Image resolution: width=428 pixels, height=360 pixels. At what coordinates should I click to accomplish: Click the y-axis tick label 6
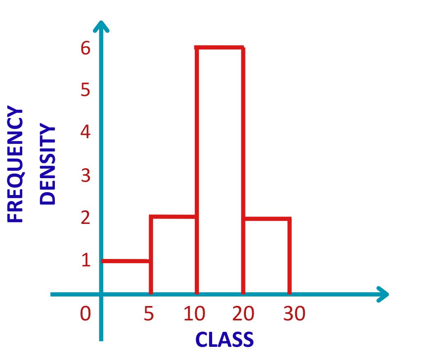pyautogui.click(x=85, y=49)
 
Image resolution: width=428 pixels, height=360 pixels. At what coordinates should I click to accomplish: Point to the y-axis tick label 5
pyautogui.click(x=85, y=90)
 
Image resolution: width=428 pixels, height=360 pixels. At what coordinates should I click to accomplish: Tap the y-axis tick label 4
pyautogui.click(x=85, y=133)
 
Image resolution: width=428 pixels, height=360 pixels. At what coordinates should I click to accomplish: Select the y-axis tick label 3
pyautogui.click(x=85, y=176)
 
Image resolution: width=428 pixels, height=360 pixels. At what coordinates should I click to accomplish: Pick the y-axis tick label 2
pyautogui.click(x=85, y=218)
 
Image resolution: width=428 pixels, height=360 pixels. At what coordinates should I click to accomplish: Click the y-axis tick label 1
pyautogui.click(x=85, y=261)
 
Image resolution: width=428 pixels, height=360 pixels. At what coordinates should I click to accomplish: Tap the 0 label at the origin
pyautogui.click(x=85, y=314)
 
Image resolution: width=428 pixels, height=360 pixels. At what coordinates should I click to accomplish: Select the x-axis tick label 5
pyautogui.click(x=149, y=314)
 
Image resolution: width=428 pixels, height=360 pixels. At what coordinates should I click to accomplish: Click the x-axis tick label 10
pyautogui.click(x=194, y=314)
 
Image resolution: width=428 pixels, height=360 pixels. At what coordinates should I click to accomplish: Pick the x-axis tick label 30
pyautogui.click(x=294, y=314)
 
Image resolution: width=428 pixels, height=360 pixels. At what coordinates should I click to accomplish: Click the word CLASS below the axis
pyautogui.click(x=224, y=340)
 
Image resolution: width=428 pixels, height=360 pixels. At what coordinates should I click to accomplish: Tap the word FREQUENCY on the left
pyautogui.click(x=16, y=164)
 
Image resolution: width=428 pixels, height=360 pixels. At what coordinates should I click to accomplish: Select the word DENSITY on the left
pyautogui.click(x=47, y=165)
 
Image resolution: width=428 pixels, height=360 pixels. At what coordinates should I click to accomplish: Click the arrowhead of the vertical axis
pyautogui.click(x=101, y=26)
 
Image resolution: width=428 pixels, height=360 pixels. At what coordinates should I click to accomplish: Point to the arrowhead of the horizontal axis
pyautogui.click(x=383, y=294)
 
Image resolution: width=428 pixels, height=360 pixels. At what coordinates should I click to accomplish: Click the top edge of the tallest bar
pyautogui.click(x=220, y=47)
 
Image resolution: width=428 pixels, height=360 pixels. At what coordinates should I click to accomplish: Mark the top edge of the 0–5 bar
pyautogui.click(x=125, y=261)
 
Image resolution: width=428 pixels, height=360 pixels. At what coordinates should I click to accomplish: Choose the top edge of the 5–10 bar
pyautogui.click(x=173, y=216)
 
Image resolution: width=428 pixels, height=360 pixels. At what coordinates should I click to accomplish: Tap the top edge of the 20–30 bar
pyautogui.click(x=267, y=218)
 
